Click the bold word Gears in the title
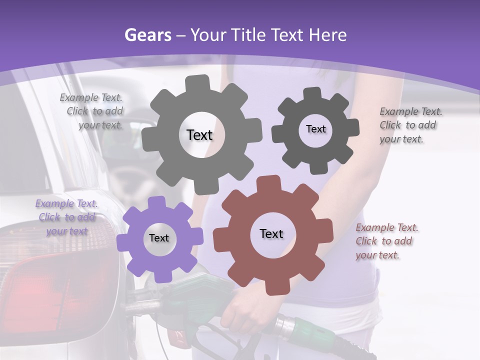tap(146, 35)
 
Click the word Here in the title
tap(328, 35)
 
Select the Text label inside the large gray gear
tap(199, 135)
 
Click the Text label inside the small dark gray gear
tap(315, 129)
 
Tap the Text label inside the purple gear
tap(159, 238)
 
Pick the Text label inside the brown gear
tap(271, 233)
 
